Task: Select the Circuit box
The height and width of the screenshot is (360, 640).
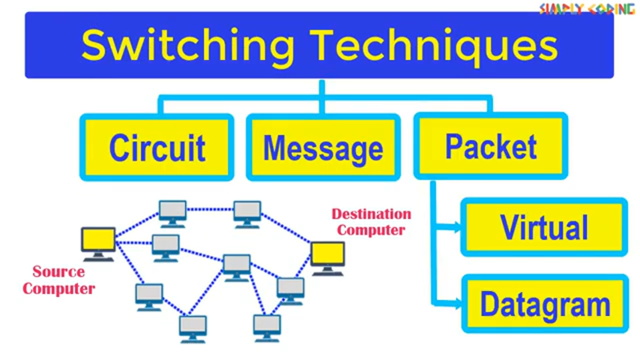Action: [157, 147]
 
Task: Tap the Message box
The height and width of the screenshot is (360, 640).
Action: [323, 147]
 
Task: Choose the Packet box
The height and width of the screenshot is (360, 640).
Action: [490, 146]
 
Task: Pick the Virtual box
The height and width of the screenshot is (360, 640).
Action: [544, 227]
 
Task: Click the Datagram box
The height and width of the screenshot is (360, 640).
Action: [545, 303]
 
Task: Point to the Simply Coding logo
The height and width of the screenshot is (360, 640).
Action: [587, 8]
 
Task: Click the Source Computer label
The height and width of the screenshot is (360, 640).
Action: [59, 280]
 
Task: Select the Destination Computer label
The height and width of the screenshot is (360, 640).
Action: [371, 222]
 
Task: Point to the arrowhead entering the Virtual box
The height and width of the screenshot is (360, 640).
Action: [457, 227]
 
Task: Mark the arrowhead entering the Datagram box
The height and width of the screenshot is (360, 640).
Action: [457, 303]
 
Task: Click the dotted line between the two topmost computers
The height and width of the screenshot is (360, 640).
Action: [210, 209]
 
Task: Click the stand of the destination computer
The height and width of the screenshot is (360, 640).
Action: [327, 271]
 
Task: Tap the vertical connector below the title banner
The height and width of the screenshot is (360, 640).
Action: [322, 97]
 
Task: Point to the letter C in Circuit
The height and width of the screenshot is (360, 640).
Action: [118, 147]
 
